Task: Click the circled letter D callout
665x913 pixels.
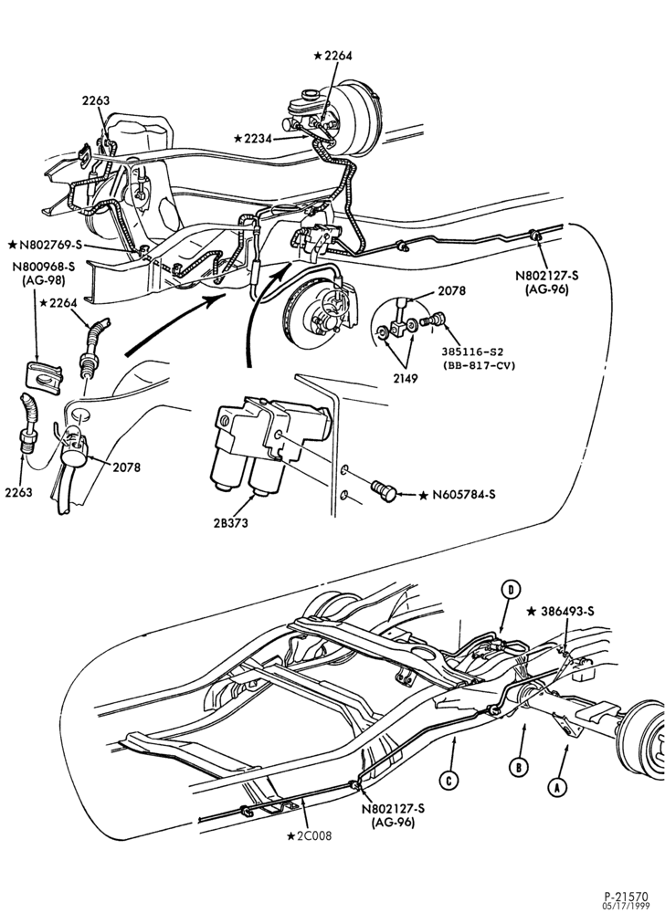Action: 511,589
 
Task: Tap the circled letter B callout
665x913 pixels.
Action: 518,768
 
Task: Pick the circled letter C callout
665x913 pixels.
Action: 448,781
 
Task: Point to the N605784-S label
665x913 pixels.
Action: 463,495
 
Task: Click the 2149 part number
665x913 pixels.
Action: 406,378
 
